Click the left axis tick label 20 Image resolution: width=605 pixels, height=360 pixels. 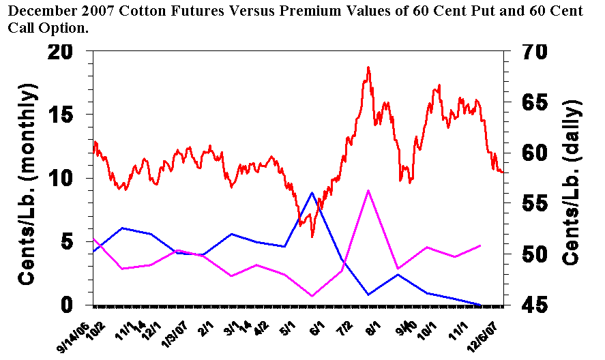pos(65,54)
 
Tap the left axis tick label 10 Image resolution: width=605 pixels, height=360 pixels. pos(65,179)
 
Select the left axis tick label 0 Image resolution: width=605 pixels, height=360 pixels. pos(73,304)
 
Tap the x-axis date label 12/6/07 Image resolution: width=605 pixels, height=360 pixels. pos(490,334)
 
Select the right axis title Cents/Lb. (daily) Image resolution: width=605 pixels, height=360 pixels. pos(573,182)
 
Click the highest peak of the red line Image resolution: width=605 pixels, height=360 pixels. pos(368,67)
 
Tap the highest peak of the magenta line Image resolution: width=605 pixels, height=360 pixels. pos(368,191)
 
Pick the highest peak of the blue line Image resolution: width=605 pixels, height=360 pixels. pos(312,193)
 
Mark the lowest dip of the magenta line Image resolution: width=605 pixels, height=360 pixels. pos(312,296)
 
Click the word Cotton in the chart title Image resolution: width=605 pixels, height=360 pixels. pos(143,12)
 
